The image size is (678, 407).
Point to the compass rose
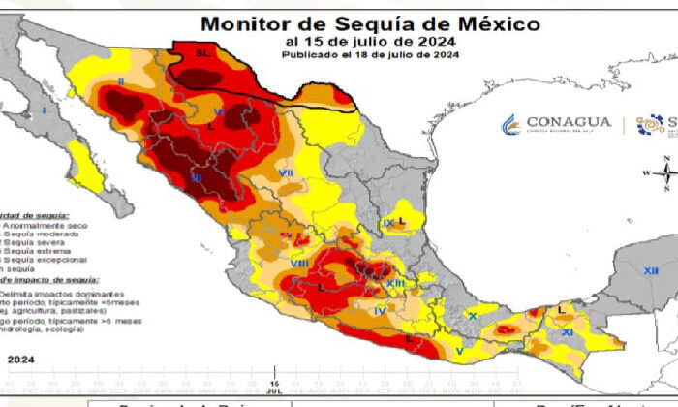coord(664,174)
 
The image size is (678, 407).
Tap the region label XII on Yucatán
coord(650,270)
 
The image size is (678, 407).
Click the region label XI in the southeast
coord(568,332)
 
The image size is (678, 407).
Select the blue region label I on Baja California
coord(45,112)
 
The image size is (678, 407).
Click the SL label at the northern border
coord(202,54)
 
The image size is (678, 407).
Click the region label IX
coord(388,223)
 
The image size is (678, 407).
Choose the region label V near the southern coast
coord(459,351)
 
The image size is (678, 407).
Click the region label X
coord(472,316)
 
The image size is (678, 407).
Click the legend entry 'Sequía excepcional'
coord(44,260)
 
